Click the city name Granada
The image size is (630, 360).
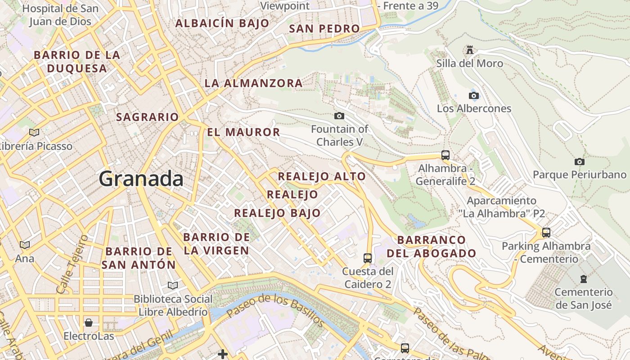[141, 179]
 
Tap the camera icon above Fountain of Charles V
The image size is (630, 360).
[339, 116]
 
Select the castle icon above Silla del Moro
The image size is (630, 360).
[470, 49]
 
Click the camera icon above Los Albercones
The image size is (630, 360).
[474, 95]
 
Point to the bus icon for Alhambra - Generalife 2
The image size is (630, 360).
[445, 155]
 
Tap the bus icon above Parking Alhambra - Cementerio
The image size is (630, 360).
[546, 233]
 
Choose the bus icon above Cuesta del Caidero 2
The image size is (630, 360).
[368, 258]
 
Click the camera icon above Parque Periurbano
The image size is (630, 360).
[580, 162]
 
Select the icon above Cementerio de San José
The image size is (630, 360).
[584, 279]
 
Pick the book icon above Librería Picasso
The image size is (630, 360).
[34, 132]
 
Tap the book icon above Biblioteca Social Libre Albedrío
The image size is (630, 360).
[173, 285]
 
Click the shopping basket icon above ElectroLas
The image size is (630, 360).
[89, 323]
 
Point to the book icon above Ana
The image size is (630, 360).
[25, 245]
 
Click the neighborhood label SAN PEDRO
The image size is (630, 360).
[324, 29]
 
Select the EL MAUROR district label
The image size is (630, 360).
[243, 132]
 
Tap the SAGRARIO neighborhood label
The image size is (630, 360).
[148, 117]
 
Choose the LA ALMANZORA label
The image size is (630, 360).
[254, 83]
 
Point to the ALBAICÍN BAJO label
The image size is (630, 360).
[222, 23]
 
